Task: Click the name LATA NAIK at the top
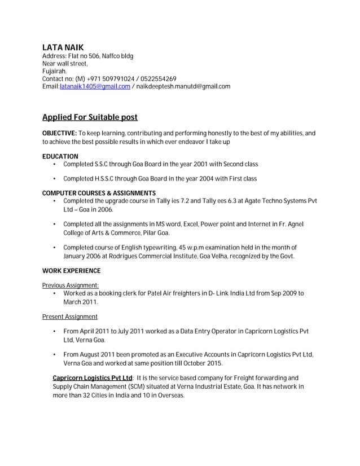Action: tap(63, 47)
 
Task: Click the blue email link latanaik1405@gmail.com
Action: tap(95, 87)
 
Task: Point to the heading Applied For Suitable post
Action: tap(90, 118)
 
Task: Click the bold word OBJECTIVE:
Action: tap(59, 133)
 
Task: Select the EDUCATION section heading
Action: tap(60, 156)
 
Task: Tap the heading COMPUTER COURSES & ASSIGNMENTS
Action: tap(99, 194)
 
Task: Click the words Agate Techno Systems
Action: tap(269, 201)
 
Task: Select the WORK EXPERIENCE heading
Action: tap(71, 271)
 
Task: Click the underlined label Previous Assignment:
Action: tap(71, 285)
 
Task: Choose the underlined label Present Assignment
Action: tap(69, 317)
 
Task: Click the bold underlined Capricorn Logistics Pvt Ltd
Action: tap(93, 378)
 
